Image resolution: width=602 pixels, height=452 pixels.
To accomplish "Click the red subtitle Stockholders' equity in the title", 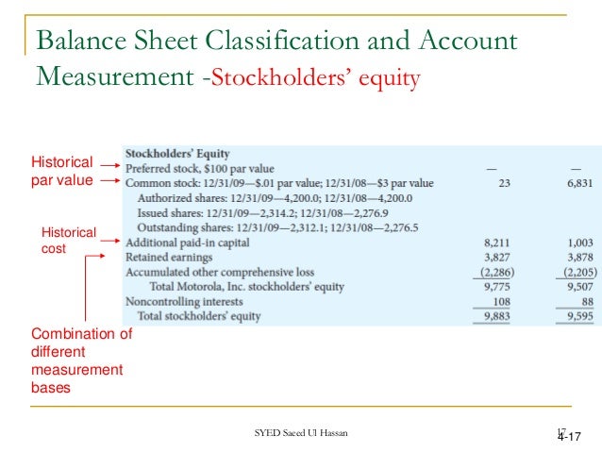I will click(317, 77).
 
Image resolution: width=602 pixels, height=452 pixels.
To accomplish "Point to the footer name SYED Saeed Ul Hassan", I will click(300, 433).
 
